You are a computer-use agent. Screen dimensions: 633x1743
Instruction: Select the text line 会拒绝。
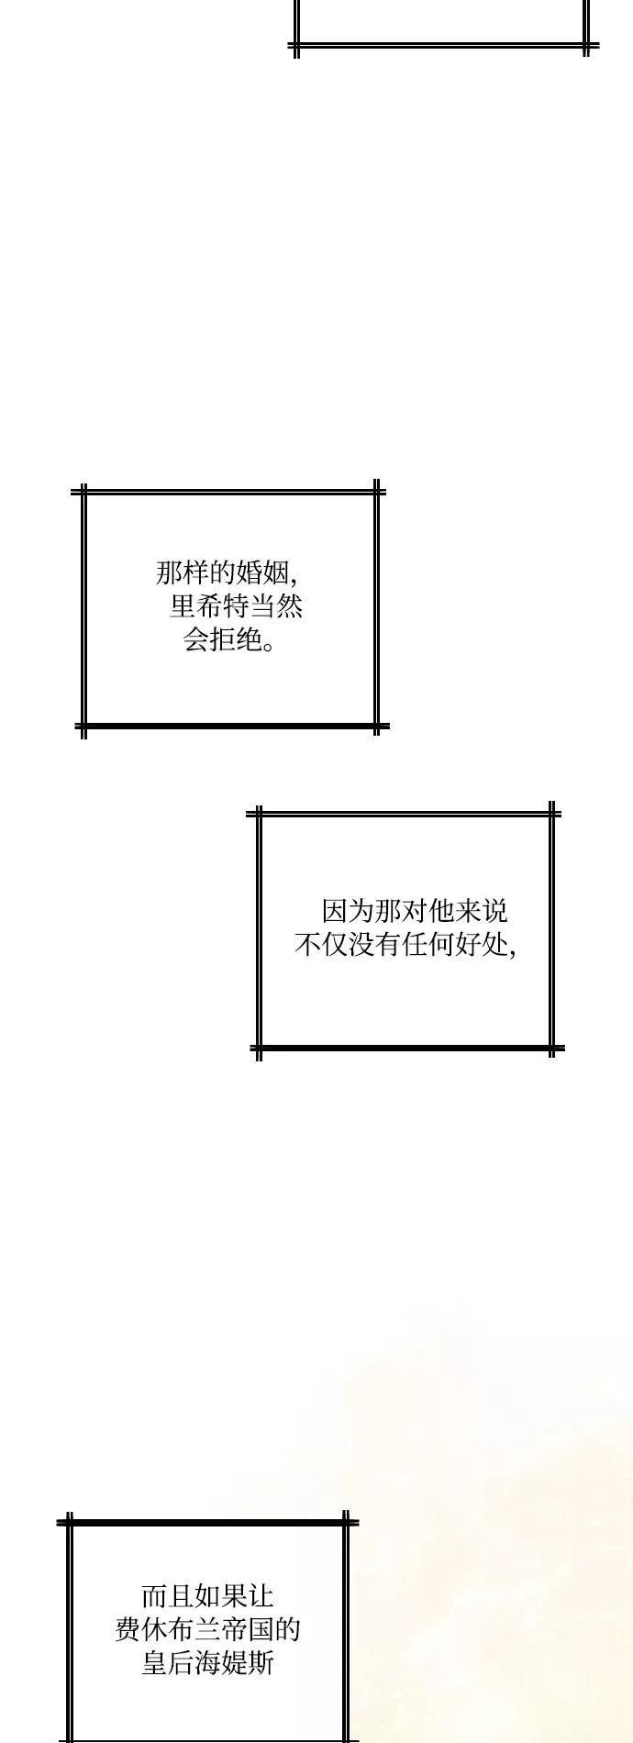click(x=229, y=639)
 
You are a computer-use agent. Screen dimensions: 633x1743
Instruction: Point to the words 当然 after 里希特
click(x=276, y=606)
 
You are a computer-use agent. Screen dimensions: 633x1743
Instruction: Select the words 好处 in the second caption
click(x=481, y=944)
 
